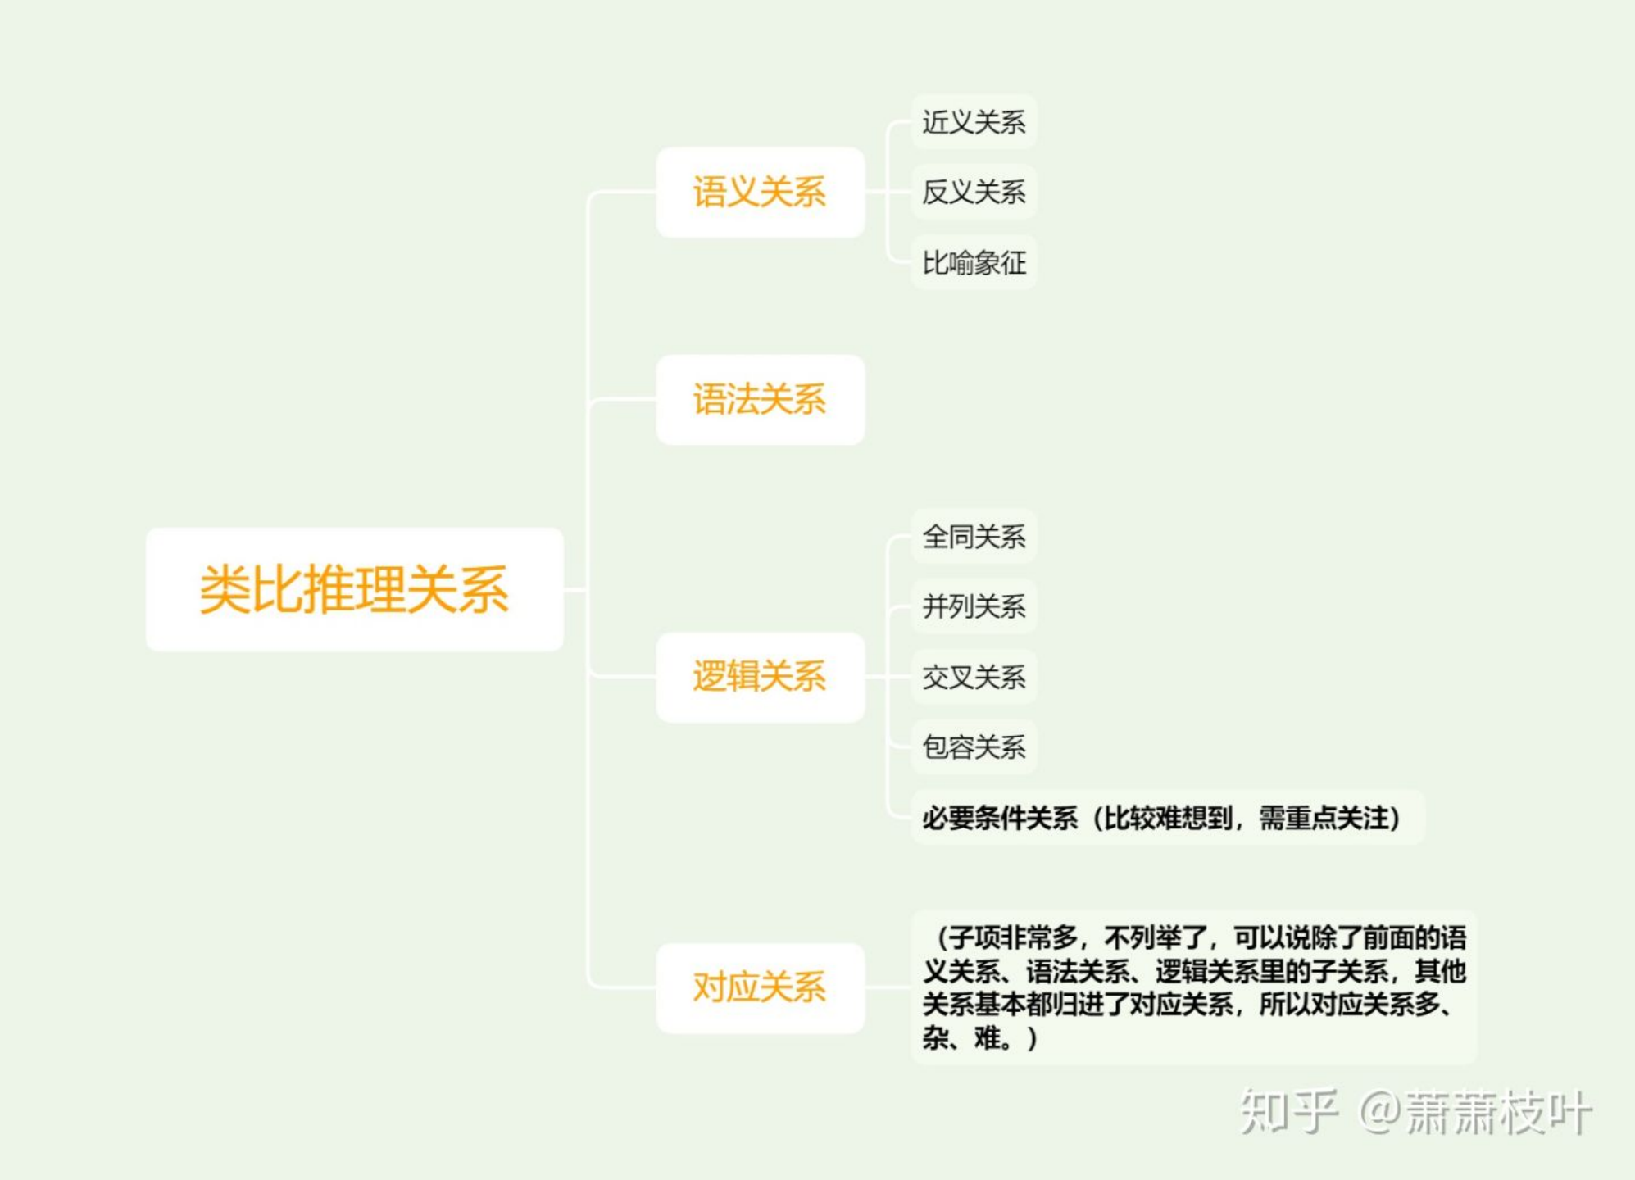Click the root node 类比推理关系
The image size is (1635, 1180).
(x=354, y=589)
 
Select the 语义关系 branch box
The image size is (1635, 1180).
(x=760, y=193)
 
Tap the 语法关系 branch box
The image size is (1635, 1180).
(x=760, y=400)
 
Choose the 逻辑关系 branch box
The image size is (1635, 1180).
(x=760, y=677)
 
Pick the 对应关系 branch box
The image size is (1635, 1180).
(x=760, y=987)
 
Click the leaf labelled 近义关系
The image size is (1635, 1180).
(x=974, y=122)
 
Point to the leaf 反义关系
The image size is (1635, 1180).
(x=974, y=193)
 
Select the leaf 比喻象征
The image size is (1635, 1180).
(x=974, y=263)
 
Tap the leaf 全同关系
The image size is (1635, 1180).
(x=974, y=537)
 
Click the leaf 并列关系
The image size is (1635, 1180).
(x=974, y=606)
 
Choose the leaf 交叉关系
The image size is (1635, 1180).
(x=974, y=677)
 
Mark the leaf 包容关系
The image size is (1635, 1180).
(x=974, y=747)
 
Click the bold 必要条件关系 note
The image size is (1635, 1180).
(x=1000, y=818)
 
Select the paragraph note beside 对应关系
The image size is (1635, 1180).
(x=1193, y=987)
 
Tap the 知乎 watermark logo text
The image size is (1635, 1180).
(x=1288, y=1112)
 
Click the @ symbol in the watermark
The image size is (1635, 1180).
(x=1380, y=1113)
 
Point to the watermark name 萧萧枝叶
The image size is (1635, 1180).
(x=1498, y=1113)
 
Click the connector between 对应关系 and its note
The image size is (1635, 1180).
(x=888, y=987)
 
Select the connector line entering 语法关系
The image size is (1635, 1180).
(x=623, y=400)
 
